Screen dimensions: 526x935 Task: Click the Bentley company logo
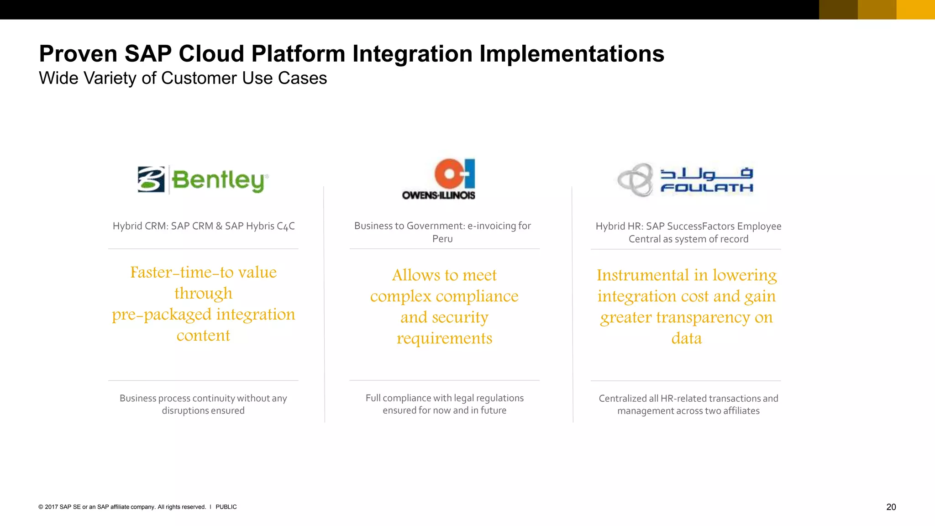(x=203, y=180)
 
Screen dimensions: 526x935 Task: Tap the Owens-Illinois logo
(x=439, y=179)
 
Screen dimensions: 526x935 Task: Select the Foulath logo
(x=685, y=180)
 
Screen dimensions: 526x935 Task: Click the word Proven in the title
(x=78, y=54)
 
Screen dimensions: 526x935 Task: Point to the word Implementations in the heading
(x=571, y=54)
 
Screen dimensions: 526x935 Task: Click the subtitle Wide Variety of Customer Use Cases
(x=183, y=79)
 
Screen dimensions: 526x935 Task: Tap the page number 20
(x=891, y=507)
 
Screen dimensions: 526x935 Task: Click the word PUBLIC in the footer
(x=226, y=507)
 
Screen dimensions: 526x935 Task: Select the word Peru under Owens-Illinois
(x=442, y=239)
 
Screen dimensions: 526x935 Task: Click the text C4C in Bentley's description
(x=286, y=226)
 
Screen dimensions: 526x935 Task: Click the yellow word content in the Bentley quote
(x=203, y=336)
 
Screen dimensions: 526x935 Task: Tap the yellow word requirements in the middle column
(x=444, y=338)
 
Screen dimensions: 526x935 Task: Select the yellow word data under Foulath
(x=686, y=338)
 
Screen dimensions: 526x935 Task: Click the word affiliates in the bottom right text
(x=741, y=411)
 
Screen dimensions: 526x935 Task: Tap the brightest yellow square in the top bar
(x=915, y=10)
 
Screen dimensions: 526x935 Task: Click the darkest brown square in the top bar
(x=838, y=10)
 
